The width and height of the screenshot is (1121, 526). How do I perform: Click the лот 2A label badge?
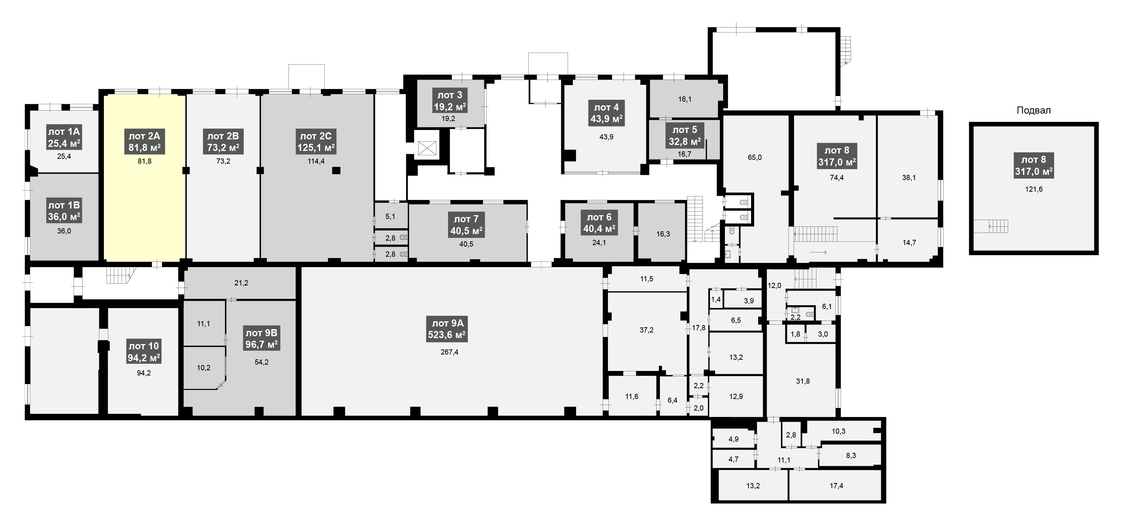pos(145,142)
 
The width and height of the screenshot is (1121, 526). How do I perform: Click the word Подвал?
pos(1034,111)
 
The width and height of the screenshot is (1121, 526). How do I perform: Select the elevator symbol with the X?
pos(427,148)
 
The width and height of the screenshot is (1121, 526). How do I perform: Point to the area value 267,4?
pos(449,352)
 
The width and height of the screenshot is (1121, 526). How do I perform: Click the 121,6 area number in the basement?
pos(1034,189)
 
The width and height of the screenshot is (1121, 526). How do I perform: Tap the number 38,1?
pos(909,177)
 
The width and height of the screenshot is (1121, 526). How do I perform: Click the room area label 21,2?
pos(241,283)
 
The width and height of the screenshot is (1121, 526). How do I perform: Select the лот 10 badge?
pos(144,352)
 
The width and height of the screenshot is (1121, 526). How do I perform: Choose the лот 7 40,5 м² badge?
pos(466,225)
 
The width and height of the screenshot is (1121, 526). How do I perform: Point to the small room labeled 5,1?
pos(391,216)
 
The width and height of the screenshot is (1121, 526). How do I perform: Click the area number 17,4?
pos(836,486)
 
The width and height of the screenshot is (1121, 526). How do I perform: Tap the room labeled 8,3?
pos(851,455)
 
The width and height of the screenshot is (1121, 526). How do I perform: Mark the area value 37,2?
pos(646,330)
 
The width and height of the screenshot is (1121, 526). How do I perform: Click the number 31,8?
pos(803,381)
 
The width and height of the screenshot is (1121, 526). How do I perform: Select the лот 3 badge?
pos(450,101)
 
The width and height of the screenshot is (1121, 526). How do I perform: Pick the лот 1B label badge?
pos(64,211)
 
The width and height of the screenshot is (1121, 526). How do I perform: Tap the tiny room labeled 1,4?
pos(716,299)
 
